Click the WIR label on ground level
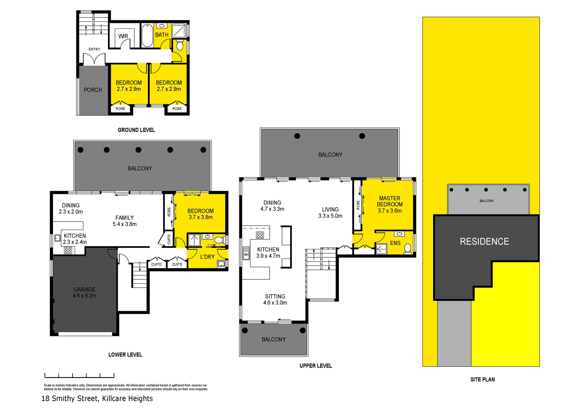pyautogui.click(x=123, y=36)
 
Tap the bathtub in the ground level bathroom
pyautogui.click(x=147, y=35)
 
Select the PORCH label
pyautogui.click(x=93, y=90)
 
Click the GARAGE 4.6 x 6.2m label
pyautogui.click(x=85, y=292)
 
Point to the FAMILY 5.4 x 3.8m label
pyautogui.click(x=125, y=221)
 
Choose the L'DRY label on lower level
pyautogui.click(x=208, y=257)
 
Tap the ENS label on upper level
pyautogui.click(x=395, y=243)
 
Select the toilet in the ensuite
pyautogui.click(x=408, y=249)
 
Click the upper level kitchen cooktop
pyautogui.click(x=260, y=235)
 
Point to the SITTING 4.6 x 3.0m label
pyautogui.click(x=275, y=299)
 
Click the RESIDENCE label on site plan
pyautogui.click(x=484, y=241)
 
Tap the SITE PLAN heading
pyautogui.click(x=483, y=379)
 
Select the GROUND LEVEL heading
pyautogui.click(x=136, y=130)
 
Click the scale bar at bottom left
pyautogui.click(x=79, y=376)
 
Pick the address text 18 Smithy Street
pyautogui.click(x=70, y=399)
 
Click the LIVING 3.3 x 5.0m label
pyautogui.click(x=330, y=213)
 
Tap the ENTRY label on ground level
pyautogui.click(x=94, y=49)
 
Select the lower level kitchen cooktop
pyautogui.click(x=68, y=250)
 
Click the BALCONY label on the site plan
pyautogui.click(x=487, y=201)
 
